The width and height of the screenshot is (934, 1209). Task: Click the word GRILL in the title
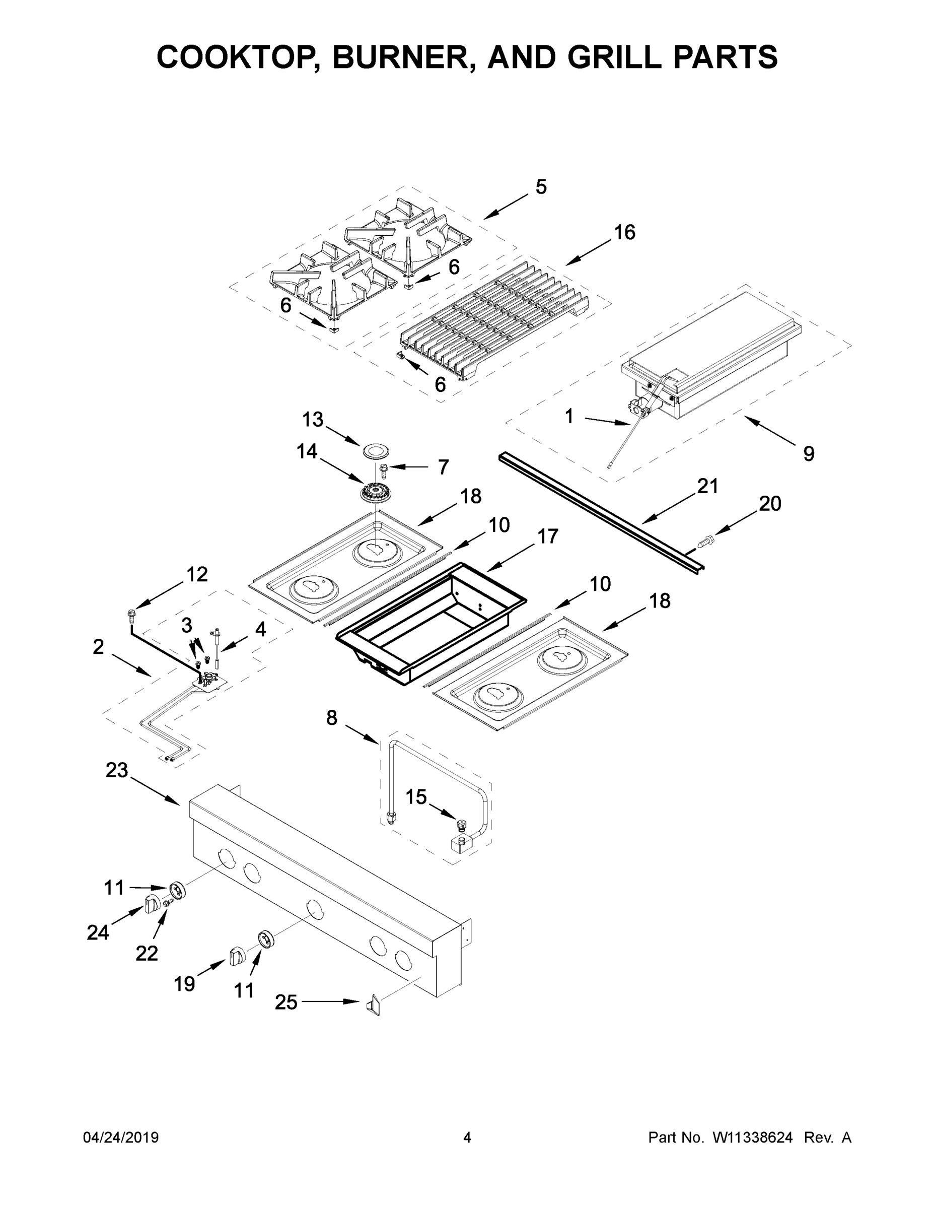615,57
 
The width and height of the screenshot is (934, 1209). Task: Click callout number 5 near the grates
541,187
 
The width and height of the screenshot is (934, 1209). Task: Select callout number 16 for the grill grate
624,233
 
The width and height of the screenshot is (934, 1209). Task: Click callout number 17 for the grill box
547,536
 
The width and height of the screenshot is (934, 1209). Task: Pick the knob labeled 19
236,955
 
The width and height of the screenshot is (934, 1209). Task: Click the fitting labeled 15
460,825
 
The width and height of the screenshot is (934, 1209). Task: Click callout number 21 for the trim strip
707,486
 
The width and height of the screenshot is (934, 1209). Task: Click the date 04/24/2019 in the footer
121,1137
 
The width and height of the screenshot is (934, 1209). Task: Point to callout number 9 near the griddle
809,454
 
